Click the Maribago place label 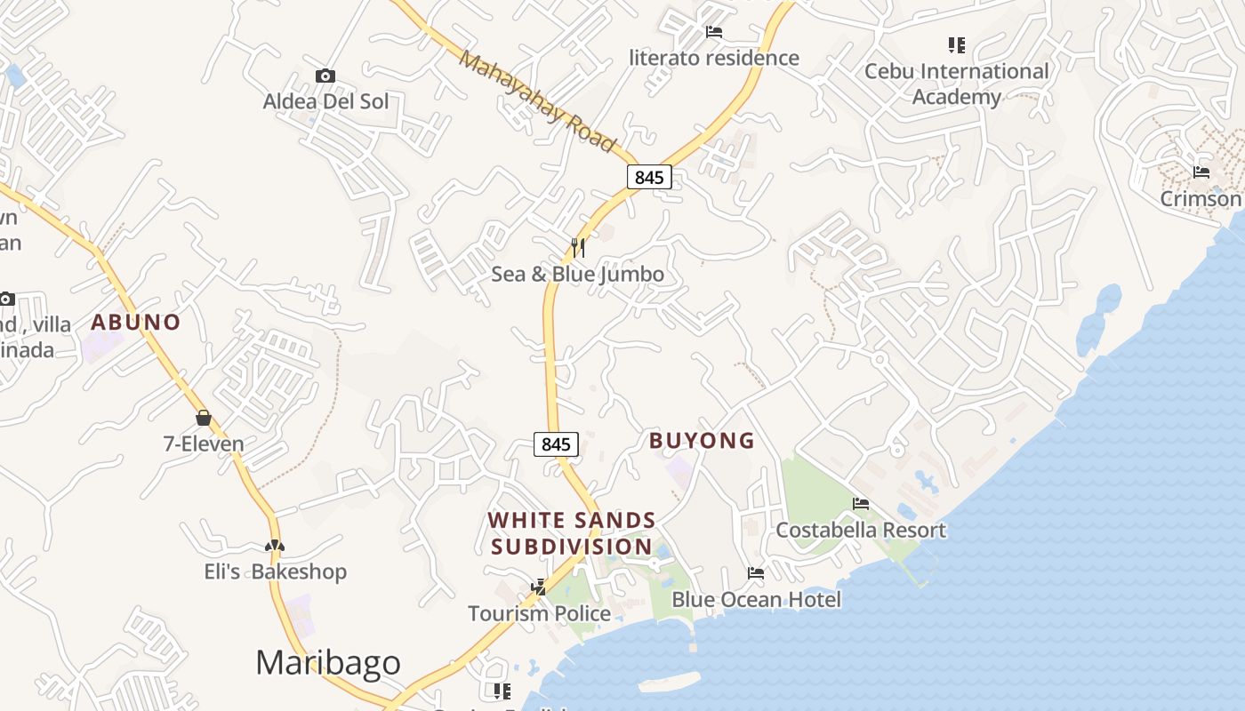click(327, 663)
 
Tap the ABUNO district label click(135, 322)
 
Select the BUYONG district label click(702, 440)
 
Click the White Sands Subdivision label click(572, 533)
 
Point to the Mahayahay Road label click(538, 100)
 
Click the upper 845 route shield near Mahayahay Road click(649, 177)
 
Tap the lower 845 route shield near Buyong click(556, 443)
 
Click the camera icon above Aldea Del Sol click(325, 76)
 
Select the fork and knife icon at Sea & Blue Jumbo click(578, 247)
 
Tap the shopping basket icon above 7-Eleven click(204, 418)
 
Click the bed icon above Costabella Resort click(860, 504)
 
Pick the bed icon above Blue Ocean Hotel click(756, 573)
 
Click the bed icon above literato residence click(714, 32)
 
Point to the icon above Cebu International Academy click(957, 44)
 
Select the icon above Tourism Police click(539, 587)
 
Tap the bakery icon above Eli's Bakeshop click(275, 546)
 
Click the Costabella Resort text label click(861, 531)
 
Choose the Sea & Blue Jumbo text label click(578, 274)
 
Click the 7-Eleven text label click(204, 443)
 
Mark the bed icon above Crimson click(1201, 172)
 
